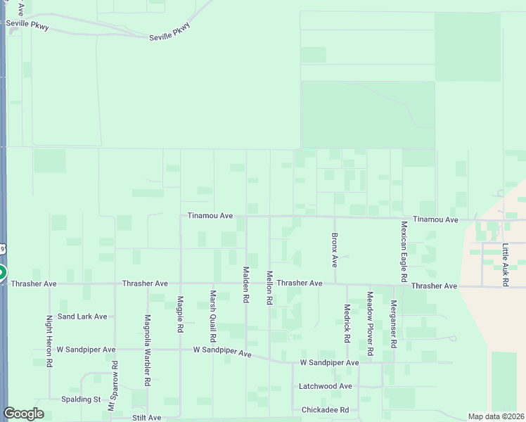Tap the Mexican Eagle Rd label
404,252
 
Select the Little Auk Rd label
505,265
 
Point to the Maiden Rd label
246,284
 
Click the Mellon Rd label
269,288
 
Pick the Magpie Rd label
181,314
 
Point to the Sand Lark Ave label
82,316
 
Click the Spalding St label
81,399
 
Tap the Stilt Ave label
146,418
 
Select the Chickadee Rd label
325,410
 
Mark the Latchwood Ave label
325,386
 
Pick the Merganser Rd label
394,324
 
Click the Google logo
23,414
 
